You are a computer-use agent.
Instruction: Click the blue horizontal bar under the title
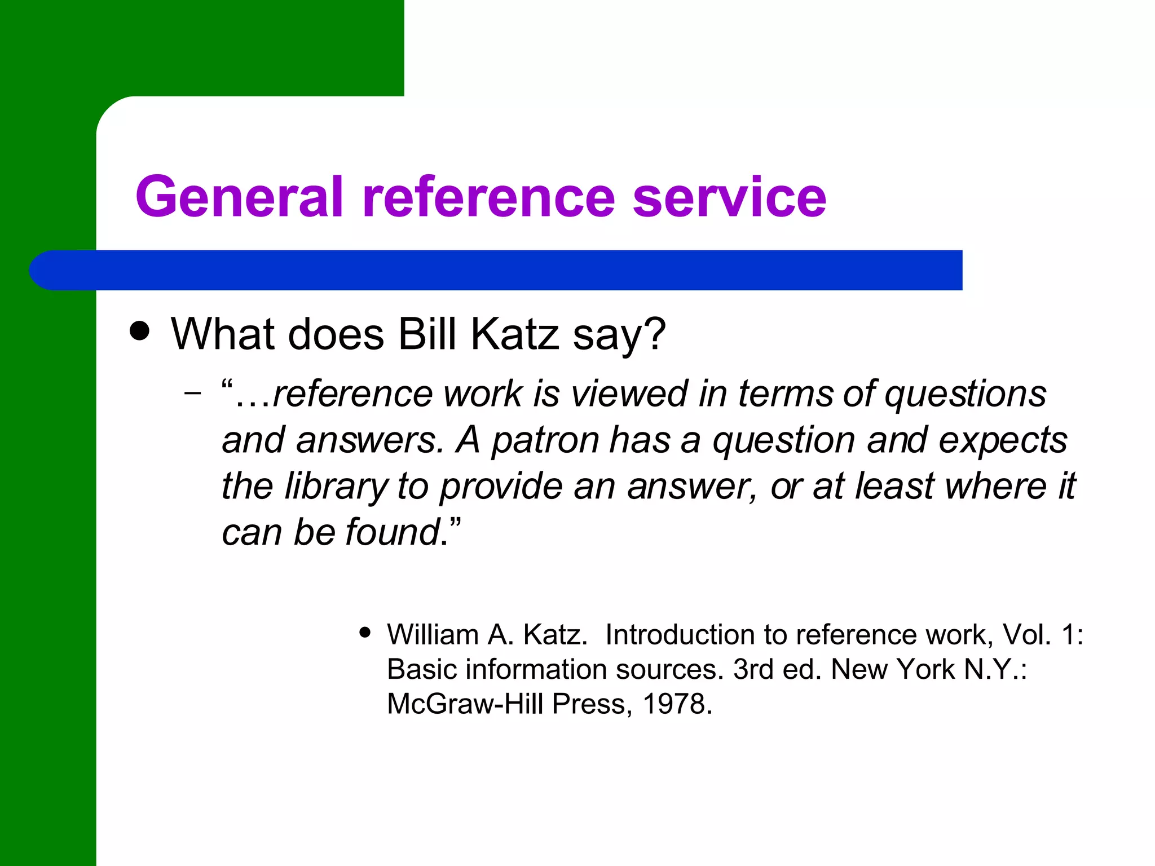[x=496, y=270]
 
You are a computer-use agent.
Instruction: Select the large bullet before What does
[x=139, y=331]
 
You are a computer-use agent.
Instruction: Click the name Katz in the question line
[x=514, y=334]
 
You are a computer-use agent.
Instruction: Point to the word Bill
[x=427, y=334]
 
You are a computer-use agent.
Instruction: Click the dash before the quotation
[x=192, y=393]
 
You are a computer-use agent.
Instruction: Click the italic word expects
[x=1003, y=440]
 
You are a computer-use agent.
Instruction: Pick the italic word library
[x=336, y=486]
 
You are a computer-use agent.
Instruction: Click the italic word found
[x=393, y=532]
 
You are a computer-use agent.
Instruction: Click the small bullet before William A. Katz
[x=365, y=632]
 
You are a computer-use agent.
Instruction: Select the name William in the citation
[x=433, y=635]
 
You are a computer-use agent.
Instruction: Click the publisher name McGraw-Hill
[x=466, y=704]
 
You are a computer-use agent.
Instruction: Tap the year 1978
[x=677, y=704]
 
